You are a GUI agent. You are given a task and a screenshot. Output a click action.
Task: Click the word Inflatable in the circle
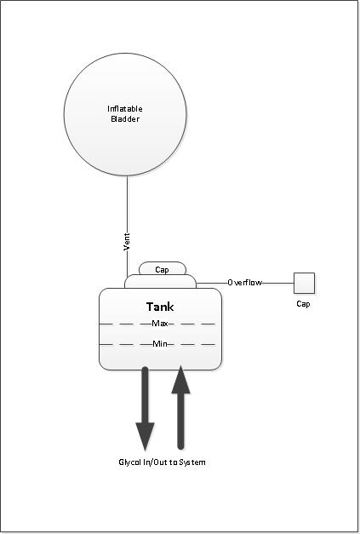pyautogui.click(x=125, y=109)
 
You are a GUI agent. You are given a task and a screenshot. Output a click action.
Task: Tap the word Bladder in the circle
pyautogui.click(x=125, y=119)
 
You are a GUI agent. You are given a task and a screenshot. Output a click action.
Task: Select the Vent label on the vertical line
pyautogui.click(x=127, y=242)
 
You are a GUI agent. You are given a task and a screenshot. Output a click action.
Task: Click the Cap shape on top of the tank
pyautogui.click(x=163, y=268)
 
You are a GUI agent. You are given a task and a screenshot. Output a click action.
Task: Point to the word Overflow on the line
pyautogui.click(x=244, y=283)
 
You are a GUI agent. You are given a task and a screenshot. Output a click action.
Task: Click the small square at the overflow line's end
pyautogui.click(x=304, y=283)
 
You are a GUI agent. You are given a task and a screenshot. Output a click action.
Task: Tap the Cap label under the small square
pyautogui.click(x=303, y=304)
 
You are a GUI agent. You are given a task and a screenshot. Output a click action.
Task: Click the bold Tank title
pyautogui.click(x=160, y=307)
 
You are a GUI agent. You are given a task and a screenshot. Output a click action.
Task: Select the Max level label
pyautogui.click(x=160, y=324)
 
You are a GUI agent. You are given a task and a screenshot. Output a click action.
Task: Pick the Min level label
pyautogui.click(x=160, y=344)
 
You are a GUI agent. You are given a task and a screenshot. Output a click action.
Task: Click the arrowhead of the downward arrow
pyautogui.click(x=145, y=436)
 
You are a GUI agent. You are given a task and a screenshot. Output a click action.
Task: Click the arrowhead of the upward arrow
pyautogui.click(x=180, y=380)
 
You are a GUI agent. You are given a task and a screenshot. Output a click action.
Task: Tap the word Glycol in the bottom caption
pyautogui.click(x=128, y=462)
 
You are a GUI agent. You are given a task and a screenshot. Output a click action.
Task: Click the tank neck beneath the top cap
pyautogui.click(x=160, y=281)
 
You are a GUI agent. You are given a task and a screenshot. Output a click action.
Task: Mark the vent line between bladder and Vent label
pyautogui.click(x=128, y=204)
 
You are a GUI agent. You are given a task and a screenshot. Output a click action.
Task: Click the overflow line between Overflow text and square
pyautogui.click(x=278, y=283)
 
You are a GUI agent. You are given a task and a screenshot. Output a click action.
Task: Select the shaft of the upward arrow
pyautogui.click(x=180, y=421)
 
